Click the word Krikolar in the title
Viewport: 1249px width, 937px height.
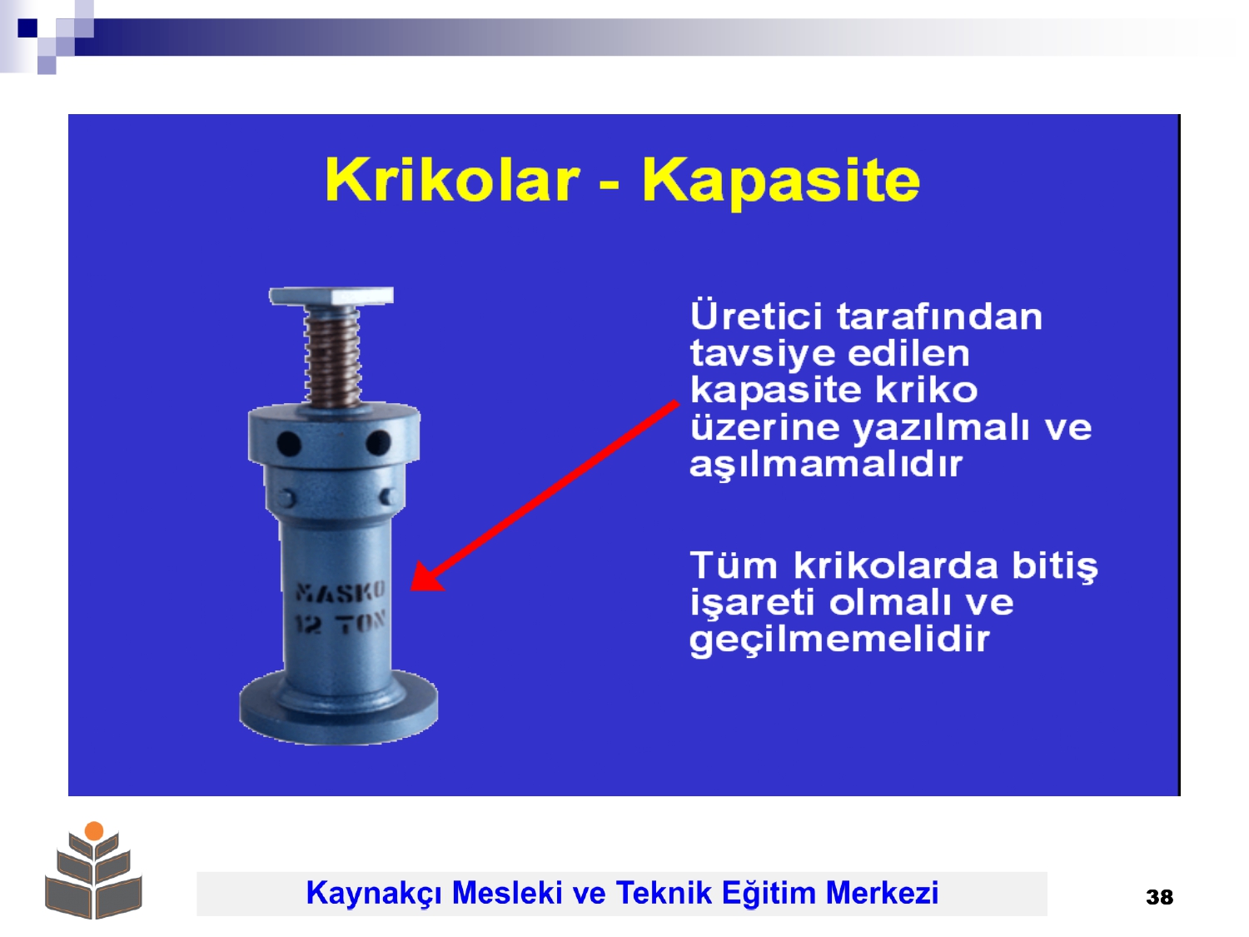(452, 179)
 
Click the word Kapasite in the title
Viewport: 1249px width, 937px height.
(781, 182)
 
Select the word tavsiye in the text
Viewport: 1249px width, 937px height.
(763, 353)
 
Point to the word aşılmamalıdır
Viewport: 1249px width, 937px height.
(825, 465)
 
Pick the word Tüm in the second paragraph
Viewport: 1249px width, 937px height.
(734, 566)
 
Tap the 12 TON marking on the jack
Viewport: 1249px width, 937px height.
(341, 624)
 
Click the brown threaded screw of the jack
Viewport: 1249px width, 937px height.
(333, 356)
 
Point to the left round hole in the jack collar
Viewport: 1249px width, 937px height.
(288, 443)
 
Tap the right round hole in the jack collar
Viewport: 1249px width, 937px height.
(378, 442)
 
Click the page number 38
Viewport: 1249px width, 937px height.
(1159, 897)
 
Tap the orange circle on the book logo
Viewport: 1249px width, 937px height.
(94, 830)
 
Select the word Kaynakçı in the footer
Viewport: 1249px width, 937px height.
(375, 893)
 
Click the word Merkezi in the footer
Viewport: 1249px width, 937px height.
(882, 892)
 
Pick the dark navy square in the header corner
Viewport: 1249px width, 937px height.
(27, 27)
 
